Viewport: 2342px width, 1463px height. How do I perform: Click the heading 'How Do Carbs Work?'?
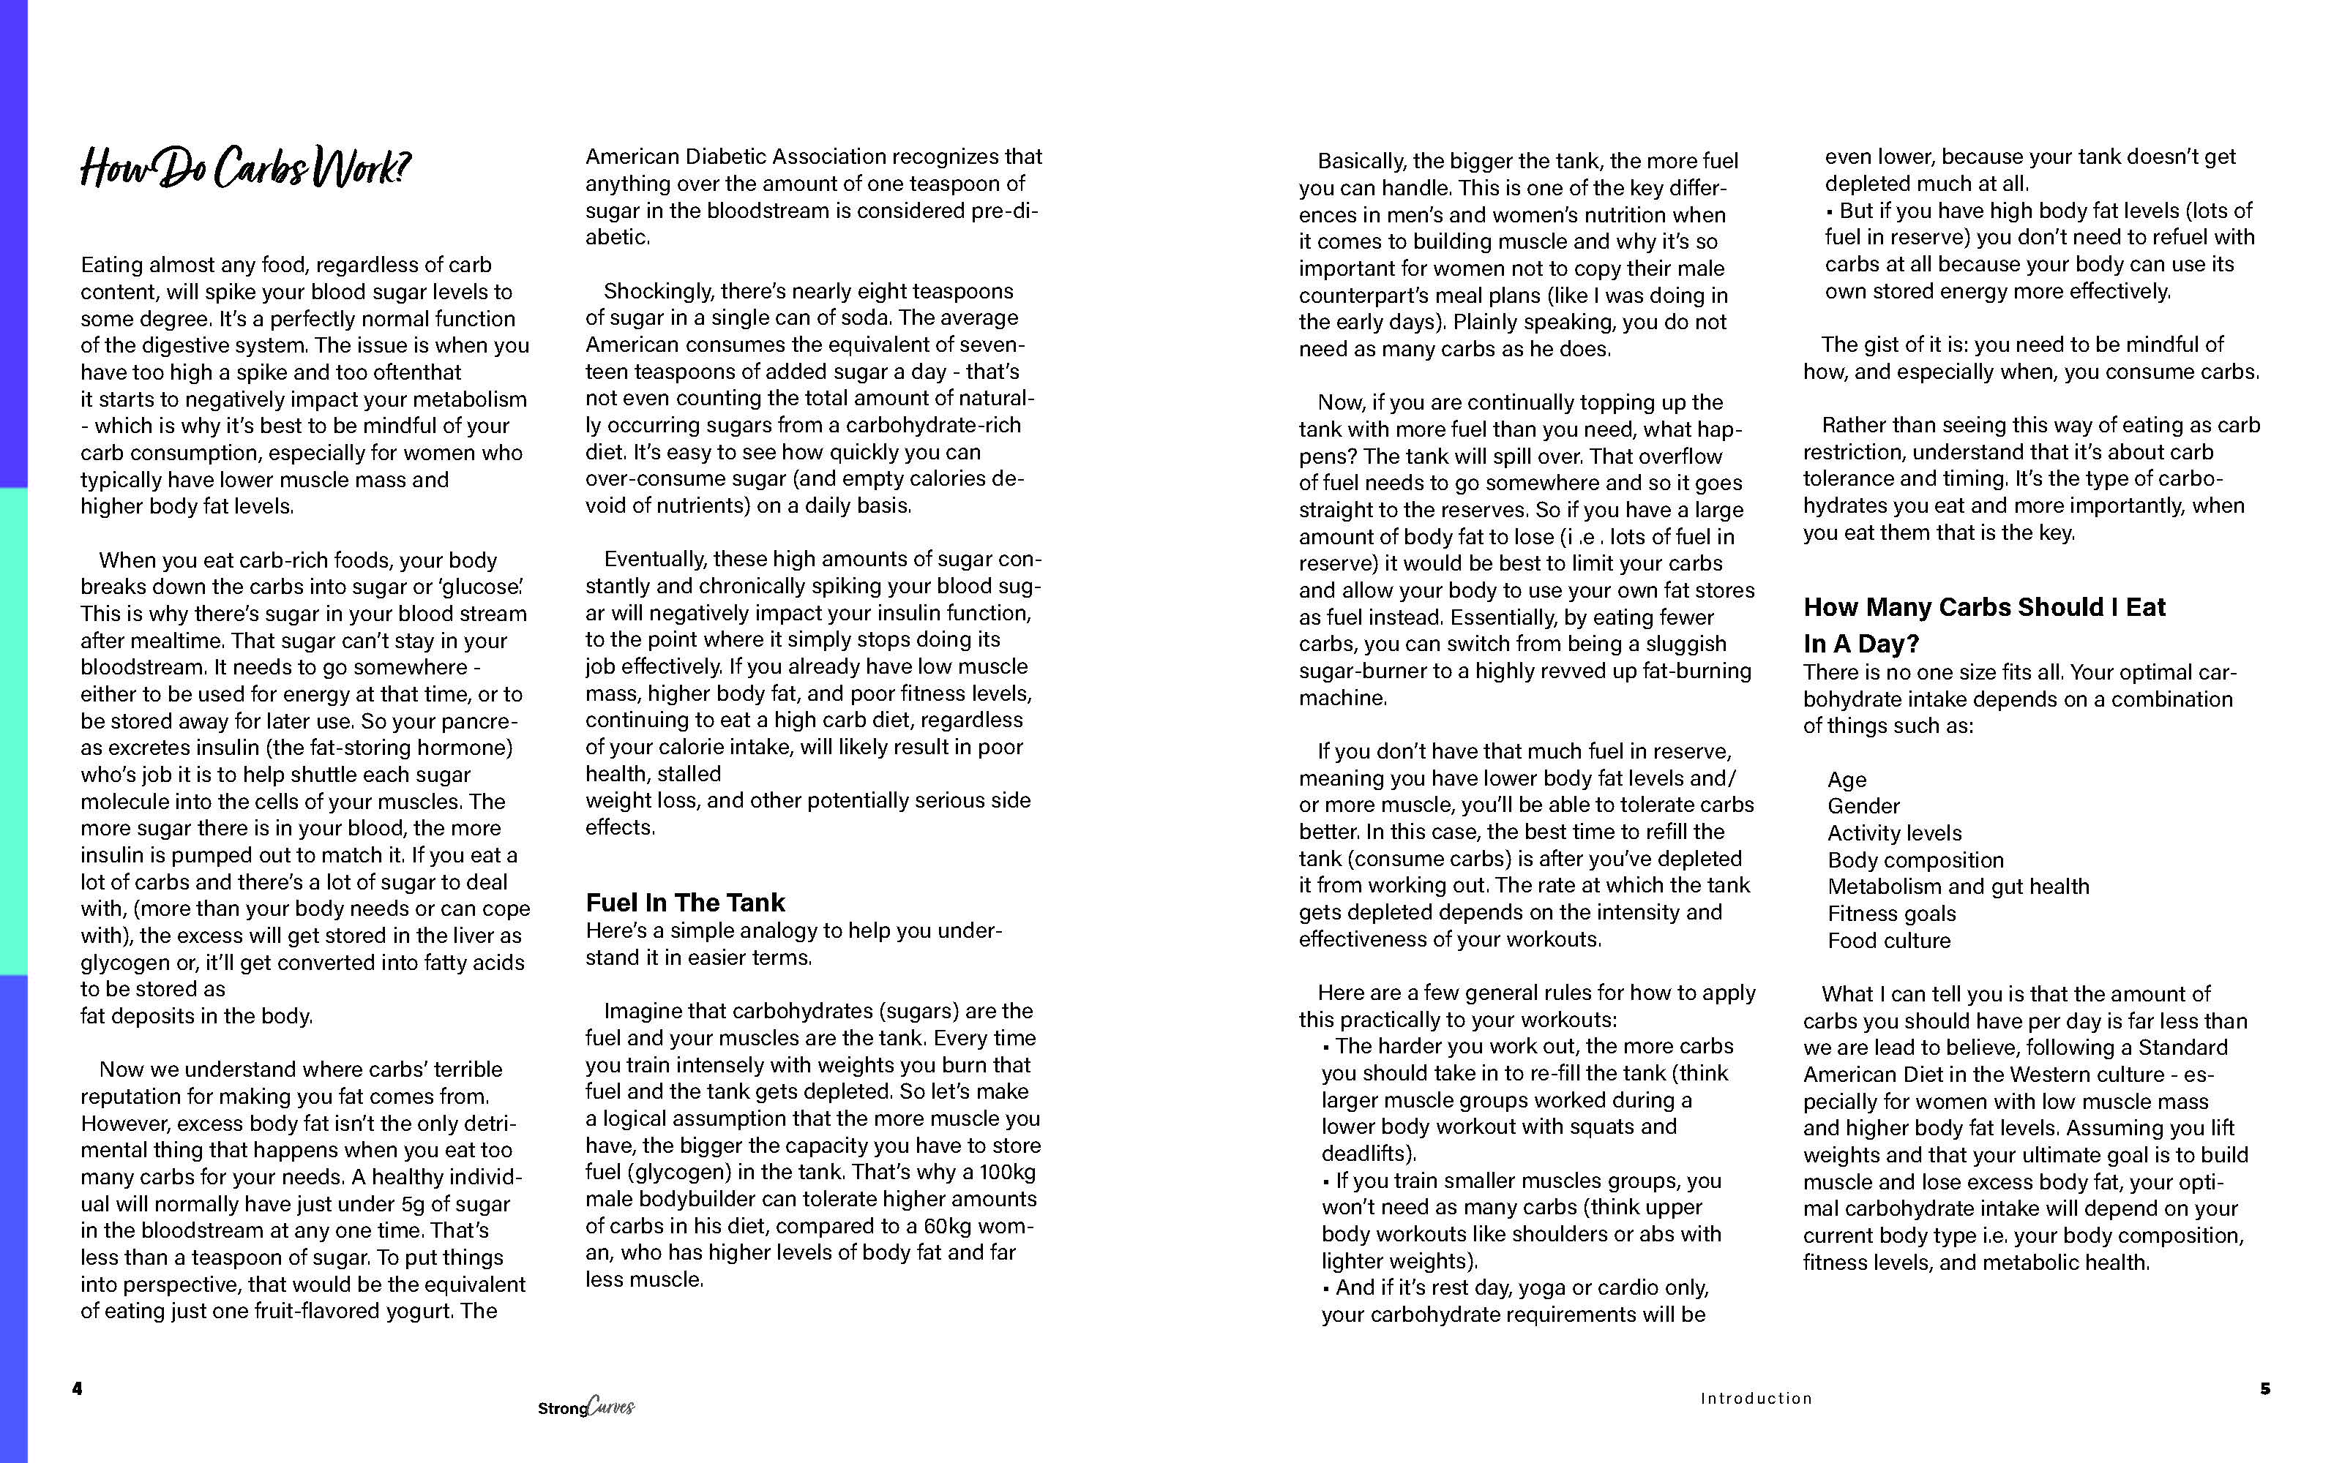point(245,168)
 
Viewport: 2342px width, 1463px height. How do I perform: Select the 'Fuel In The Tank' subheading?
point(684,903)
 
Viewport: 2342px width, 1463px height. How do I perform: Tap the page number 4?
point(78,1388)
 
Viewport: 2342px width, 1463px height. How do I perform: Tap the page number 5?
point(2264,1388)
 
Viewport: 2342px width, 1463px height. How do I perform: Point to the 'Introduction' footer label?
point(1756,1398)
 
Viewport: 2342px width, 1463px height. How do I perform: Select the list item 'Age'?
point(1847,780)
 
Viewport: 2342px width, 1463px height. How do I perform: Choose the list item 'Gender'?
point(1863,806)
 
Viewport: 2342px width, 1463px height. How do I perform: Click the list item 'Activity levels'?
point(1894,833)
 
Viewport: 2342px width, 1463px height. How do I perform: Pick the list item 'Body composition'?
point(1915,860)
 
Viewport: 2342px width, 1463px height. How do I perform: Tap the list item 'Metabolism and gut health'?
point(1958,887)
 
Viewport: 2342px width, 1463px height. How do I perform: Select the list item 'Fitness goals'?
point(1891,914)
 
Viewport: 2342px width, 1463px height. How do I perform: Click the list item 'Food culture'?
point(1888,941)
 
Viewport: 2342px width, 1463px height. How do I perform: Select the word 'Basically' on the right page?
point(1361,162)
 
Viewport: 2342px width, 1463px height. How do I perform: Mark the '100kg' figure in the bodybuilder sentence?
point(1006,1173)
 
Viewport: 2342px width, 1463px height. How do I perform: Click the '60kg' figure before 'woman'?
point(954,1226)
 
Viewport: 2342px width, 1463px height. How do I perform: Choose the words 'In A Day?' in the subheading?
point(1860,644)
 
